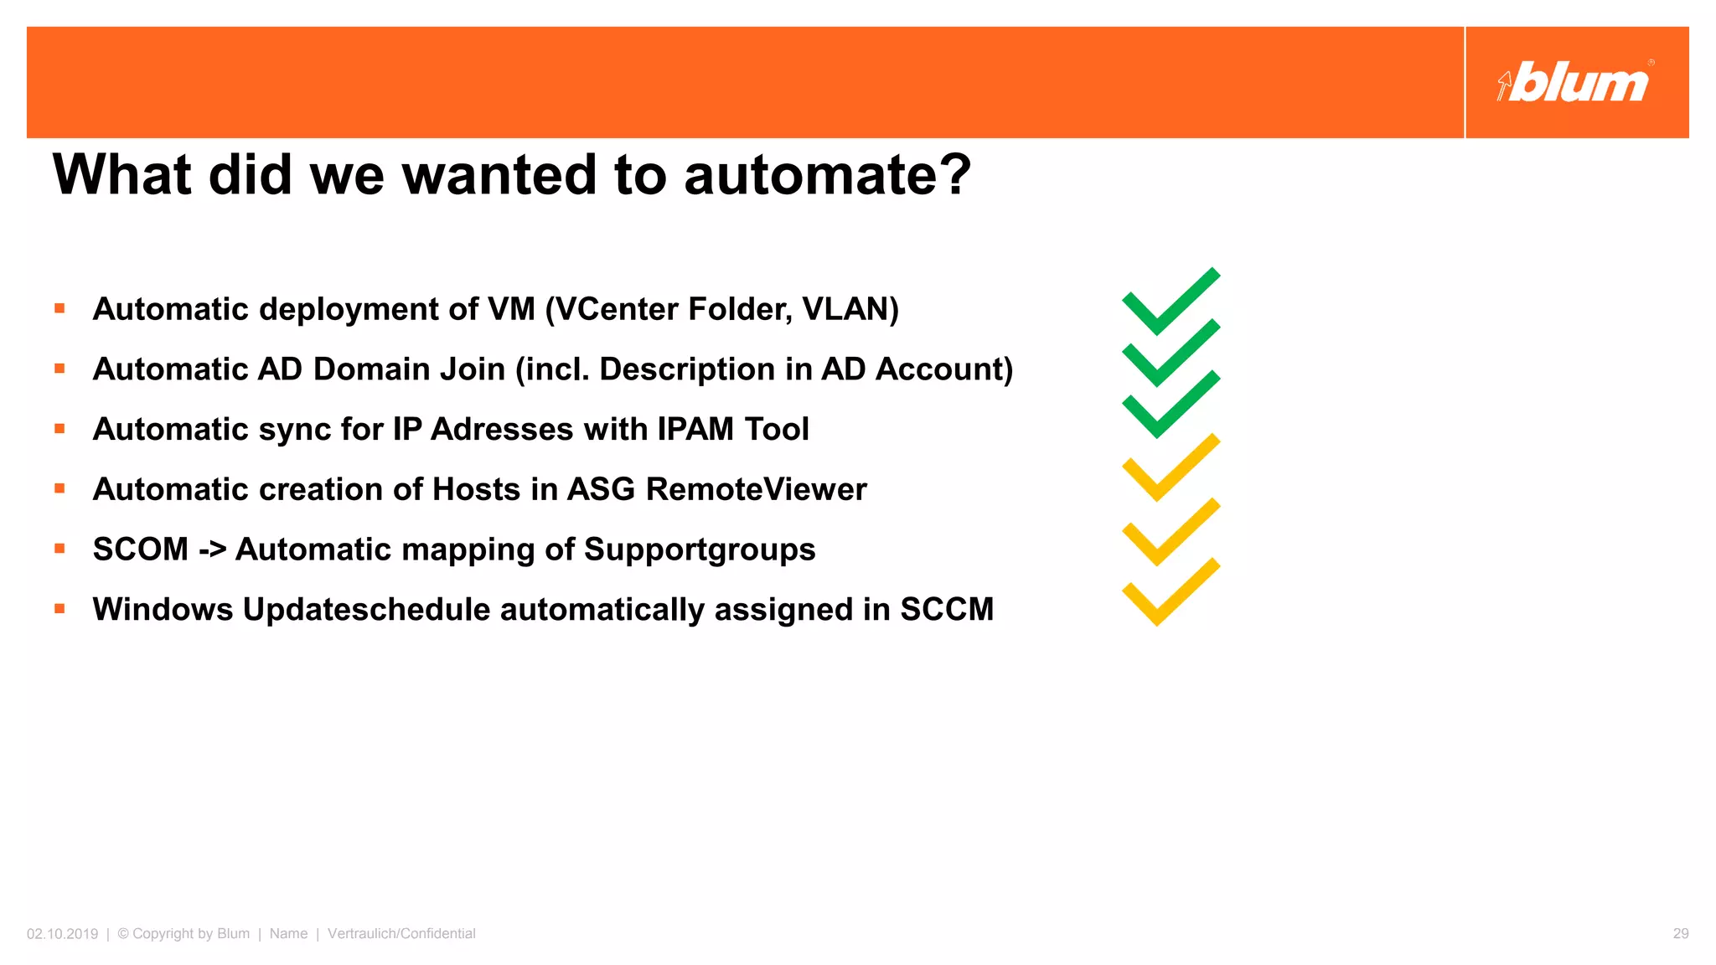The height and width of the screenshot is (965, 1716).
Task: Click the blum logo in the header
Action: pos(1575,82)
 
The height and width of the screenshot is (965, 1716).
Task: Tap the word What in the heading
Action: pos(122,175)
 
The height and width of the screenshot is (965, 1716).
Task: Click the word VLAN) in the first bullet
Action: pos(850,309)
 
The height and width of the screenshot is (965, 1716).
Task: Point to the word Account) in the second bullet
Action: pos(944,369)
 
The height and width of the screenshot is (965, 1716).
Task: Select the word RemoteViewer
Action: pos(756,489)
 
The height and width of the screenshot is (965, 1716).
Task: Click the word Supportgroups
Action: pos(699,550)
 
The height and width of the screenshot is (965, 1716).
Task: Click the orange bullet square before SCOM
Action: pos(59,549)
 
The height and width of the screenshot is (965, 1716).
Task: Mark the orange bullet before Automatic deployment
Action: pos(59,308)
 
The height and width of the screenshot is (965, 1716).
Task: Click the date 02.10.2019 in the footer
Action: pos(62,934)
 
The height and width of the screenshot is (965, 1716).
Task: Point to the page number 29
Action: pos(1680,934)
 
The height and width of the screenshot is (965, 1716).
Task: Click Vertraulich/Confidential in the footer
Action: pos(401,934)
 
